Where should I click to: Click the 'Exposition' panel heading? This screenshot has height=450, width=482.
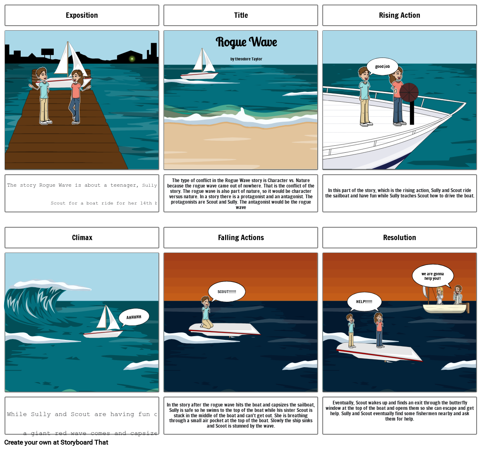pyautogui.click(x=82, y=15)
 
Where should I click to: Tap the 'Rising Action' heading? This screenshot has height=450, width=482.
pyautogui.click(x=399, y=15)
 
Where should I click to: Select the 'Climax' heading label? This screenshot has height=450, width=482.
pyautogui.click(x=82, y=238)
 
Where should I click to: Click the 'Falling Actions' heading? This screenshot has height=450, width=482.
pyautogui.click(x=241, y=238)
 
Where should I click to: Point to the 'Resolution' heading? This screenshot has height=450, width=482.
pyautogui.click(x=399, y=238)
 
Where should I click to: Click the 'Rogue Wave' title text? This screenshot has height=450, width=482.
pyautogui.click(x=246, y=42)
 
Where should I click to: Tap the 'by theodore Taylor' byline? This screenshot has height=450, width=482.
pyautogui.click(x=246, y=59)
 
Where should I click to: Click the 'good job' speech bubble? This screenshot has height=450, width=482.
pyautogui.click(x=382, y=67)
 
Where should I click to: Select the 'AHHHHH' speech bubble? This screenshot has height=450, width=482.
pyautogui.click(x=134, y=317)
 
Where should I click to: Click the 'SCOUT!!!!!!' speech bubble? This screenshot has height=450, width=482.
pyautogui.click(x=227, y=291)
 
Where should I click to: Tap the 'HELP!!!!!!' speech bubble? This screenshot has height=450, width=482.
pyautogui.click(x=364, y=301)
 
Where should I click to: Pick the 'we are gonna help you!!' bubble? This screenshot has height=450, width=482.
pyautogui.click(x=432, y=276)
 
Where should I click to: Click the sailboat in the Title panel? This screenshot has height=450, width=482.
pyautogui.click(x=201, y=66)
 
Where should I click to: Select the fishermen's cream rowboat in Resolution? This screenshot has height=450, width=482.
pyautogui.click(x=445, y=308)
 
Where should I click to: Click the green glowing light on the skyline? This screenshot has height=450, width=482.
pyautogui.click(x=132, y=59)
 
